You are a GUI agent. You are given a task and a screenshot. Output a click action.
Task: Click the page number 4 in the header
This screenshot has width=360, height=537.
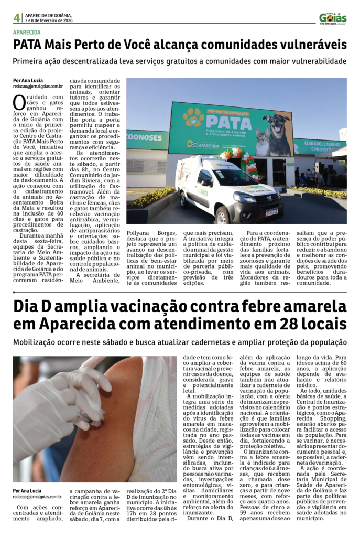(17, 18)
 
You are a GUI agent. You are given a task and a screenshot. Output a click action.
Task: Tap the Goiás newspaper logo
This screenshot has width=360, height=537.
(333, 18)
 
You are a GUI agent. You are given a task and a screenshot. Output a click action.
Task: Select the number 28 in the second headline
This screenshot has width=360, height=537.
(285, 324)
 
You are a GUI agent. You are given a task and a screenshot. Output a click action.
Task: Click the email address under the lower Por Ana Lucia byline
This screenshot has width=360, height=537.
(38, 496)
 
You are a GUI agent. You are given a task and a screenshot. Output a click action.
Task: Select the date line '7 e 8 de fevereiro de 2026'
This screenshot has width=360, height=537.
(49, 21)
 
